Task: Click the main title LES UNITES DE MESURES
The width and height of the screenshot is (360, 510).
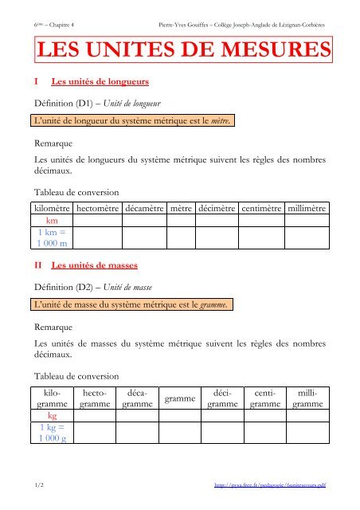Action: pos(182,53)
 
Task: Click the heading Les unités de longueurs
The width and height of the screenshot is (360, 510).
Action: pos(97,82)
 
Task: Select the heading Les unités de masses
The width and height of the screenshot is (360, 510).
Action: pos(94,263)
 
